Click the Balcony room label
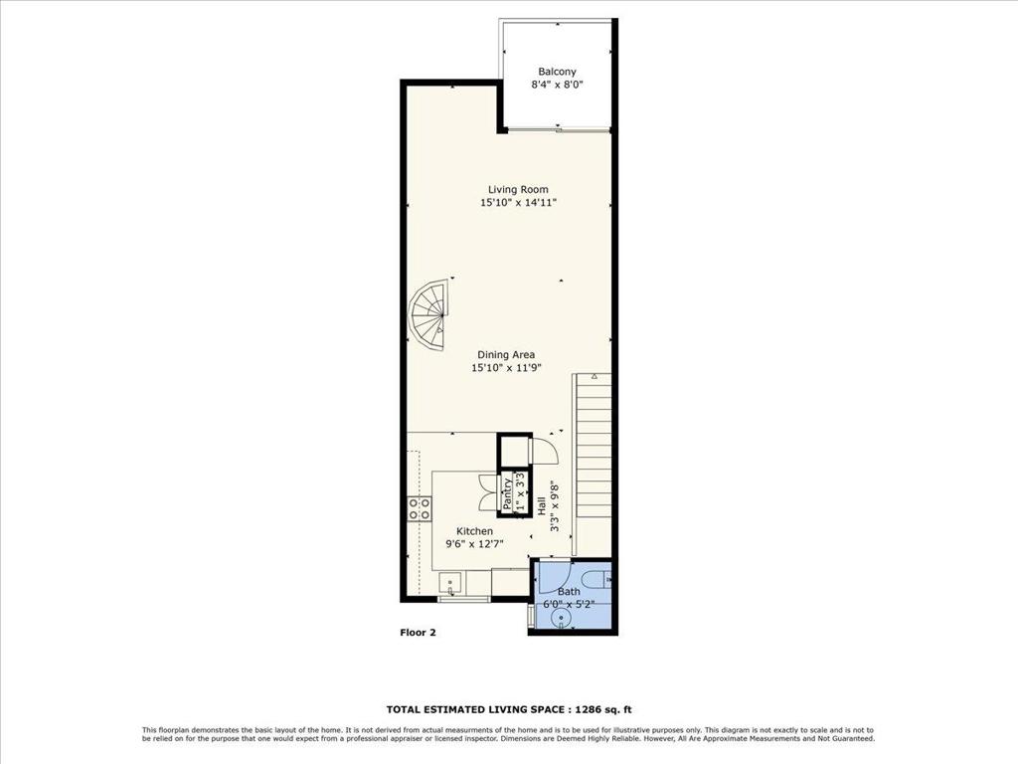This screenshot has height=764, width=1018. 557,72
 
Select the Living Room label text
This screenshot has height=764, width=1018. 518,190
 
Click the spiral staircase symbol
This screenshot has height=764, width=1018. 428,315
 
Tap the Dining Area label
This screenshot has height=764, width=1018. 506,355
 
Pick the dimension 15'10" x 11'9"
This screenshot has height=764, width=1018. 506,368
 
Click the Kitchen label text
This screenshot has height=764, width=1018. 474,531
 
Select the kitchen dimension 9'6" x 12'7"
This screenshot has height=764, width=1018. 474,544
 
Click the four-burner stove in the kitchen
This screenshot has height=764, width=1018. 420,508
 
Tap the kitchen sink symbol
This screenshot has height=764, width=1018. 451,583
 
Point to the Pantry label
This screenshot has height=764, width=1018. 507,493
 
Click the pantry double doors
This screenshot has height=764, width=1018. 487,493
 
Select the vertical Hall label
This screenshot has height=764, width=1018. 542,506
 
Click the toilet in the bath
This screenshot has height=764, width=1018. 596,577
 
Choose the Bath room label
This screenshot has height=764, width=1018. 569,592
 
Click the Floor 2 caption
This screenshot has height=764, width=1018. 419,632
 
